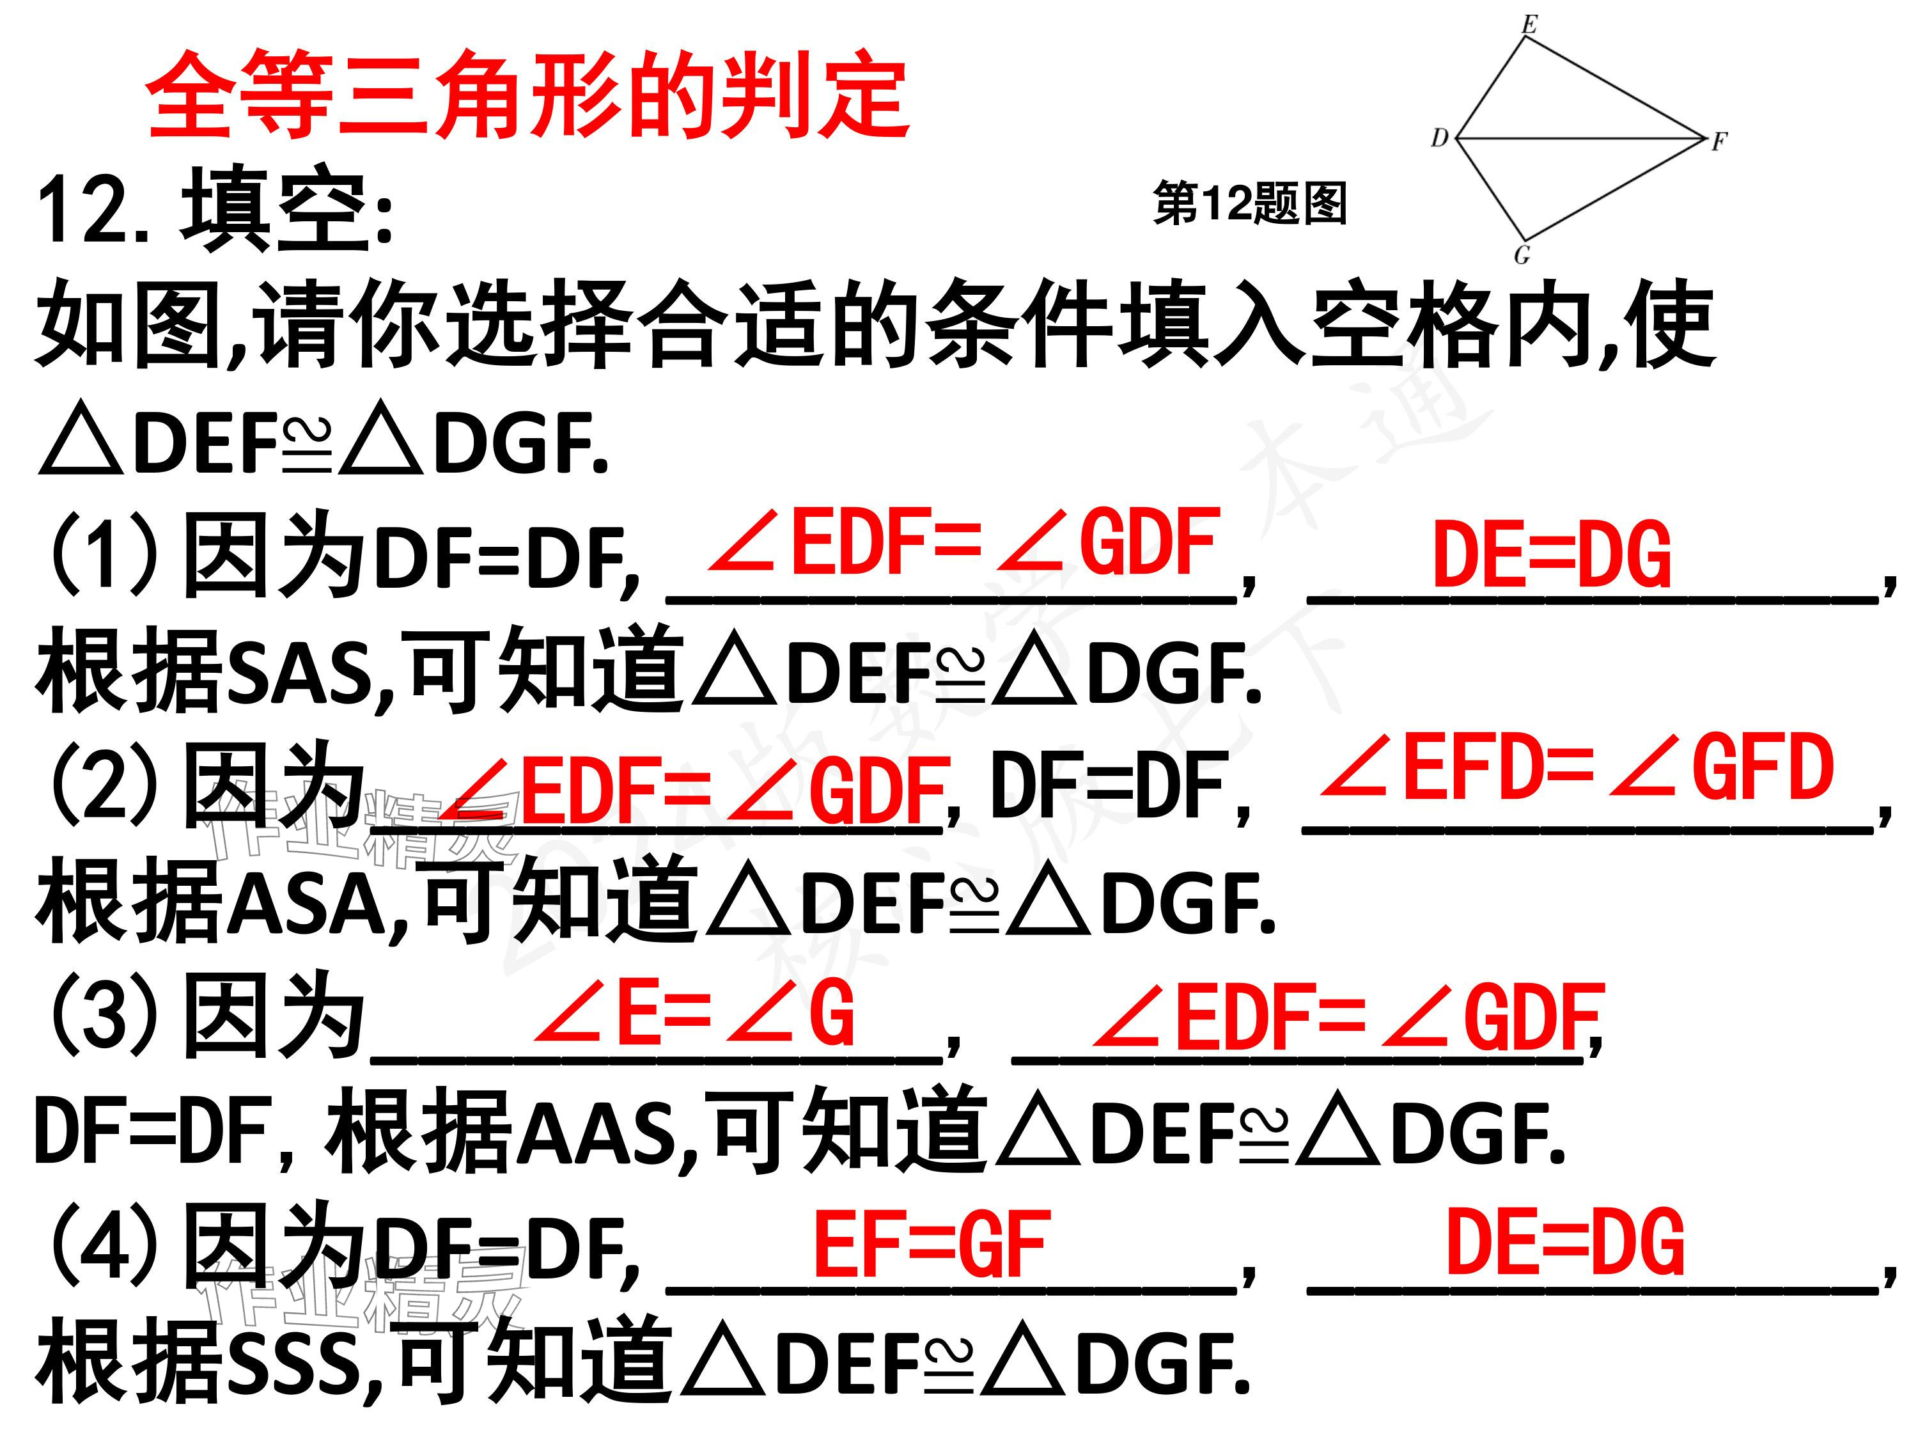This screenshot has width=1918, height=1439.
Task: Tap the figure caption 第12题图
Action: coord(1249,205)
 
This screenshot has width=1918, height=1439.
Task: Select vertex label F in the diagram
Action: coord(1719,141)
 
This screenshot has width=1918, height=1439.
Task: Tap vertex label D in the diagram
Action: coord(1439,137)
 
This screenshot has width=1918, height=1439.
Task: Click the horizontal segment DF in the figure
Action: coord(1578,138)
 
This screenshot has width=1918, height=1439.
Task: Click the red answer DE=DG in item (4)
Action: coord(1565,1244)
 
